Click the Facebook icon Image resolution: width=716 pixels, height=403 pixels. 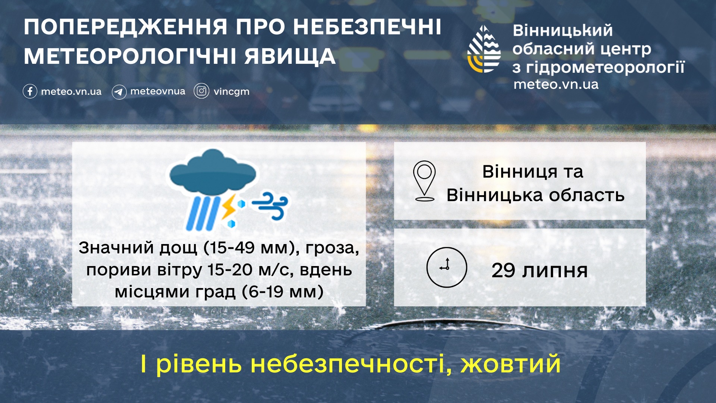tap(30, 91)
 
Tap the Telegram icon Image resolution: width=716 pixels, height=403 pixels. tap(119, 92)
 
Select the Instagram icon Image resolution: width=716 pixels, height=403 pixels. tap(201, 91)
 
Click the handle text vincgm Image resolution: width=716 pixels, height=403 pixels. tap(231, 91)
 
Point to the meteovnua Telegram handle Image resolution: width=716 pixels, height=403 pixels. tap(158, 91)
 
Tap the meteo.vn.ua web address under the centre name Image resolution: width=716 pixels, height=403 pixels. tap(556, 84)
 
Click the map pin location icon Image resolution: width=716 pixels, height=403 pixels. tap(424, 181)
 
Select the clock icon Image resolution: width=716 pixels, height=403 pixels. tap(446, 267)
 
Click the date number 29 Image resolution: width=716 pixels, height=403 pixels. tap(503, 271)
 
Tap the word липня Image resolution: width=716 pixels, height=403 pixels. tap(555, 271)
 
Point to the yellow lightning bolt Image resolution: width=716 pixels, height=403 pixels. tap(228, 206)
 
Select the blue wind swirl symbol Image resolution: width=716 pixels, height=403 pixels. tap(271, 206)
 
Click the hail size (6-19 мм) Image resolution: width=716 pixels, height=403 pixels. tap(282, 292)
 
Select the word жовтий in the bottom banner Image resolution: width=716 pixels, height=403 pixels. tap(511, 364)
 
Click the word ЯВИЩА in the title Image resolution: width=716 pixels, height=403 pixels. tap(290, 56)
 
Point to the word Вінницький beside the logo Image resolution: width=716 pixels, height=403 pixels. tap(562, 31)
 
